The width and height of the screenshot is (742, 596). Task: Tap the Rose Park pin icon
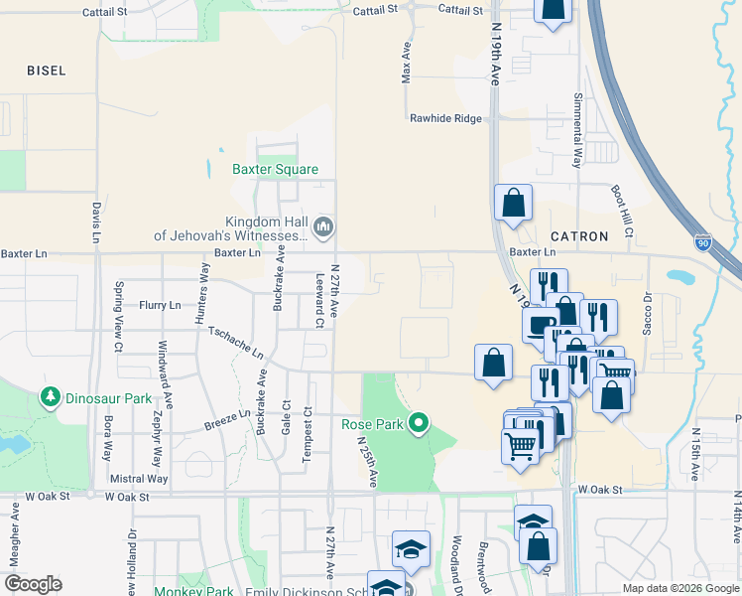419,424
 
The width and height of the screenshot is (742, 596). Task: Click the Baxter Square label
275,169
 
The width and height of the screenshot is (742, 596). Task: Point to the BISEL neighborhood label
47,71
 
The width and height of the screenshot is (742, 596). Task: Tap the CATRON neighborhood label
571,236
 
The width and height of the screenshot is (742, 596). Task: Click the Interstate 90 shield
704,242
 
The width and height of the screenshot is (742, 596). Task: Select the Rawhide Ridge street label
446,118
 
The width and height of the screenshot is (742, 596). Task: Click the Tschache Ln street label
236,341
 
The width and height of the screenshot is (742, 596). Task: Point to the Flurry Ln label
160,305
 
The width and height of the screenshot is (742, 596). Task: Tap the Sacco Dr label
648,312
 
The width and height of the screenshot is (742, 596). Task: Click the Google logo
33,584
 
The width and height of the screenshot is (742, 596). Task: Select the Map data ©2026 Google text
680,588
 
